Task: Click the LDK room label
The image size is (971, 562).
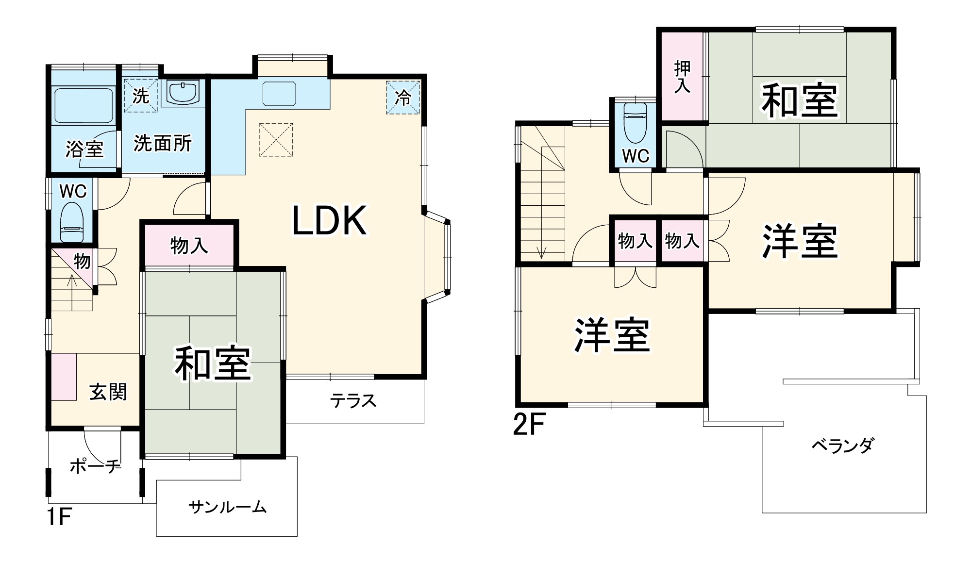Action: click(329, 221)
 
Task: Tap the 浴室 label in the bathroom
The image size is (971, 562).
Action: click(84, 149)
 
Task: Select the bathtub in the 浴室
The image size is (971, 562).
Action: click(84, 105)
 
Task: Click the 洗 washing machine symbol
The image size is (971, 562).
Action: click(140, 95)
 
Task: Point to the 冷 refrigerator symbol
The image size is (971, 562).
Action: click(402, 98)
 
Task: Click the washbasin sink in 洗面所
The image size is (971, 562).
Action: click(183, 92)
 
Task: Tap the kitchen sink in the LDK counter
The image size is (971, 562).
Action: click(279, 93)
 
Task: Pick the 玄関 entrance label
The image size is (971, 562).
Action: click(108, 392)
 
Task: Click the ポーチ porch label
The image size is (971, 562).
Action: click(95, 466)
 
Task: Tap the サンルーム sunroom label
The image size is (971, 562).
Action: click(227, 508)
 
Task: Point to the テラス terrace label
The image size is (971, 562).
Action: click(353, 401)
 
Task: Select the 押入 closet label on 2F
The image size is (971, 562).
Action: click(682, 77)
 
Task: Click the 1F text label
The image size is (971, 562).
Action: click(59, 517)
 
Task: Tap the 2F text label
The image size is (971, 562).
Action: click(529, 425)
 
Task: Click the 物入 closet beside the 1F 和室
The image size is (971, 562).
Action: click(189, 246)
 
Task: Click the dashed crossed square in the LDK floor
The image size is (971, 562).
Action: click(276, 140)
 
